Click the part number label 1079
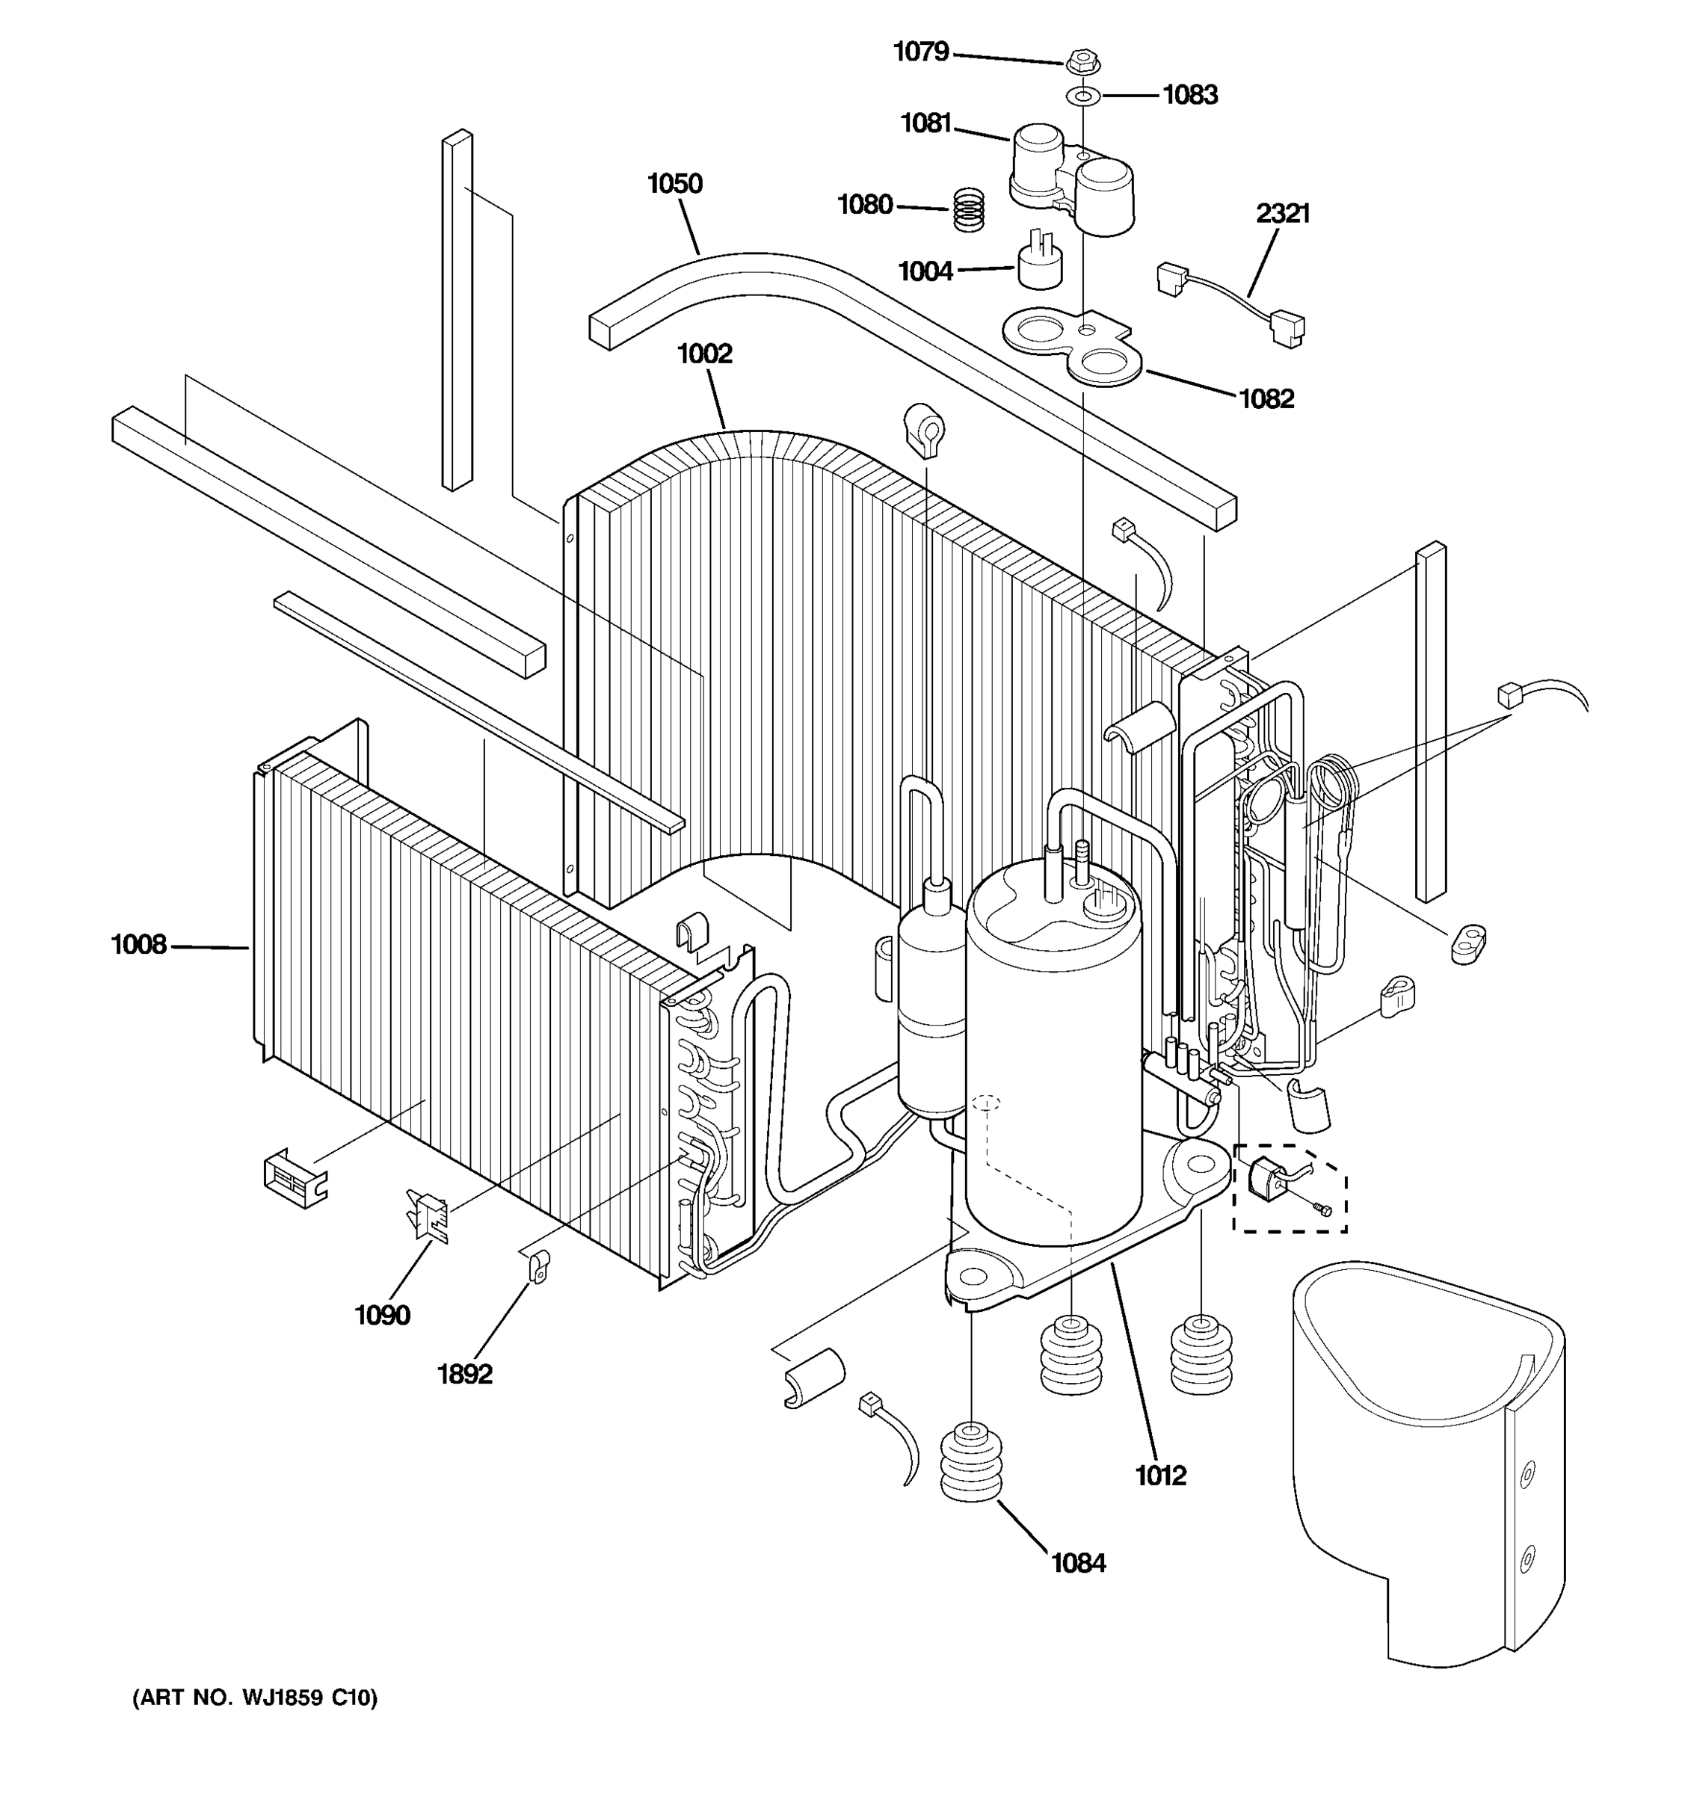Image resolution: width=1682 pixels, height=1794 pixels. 920,52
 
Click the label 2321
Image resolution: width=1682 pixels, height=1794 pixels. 1282,214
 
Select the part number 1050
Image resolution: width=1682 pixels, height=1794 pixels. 674,184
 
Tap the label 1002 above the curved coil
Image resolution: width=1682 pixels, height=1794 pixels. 704,354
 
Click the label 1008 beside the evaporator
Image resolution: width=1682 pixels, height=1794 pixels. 138,945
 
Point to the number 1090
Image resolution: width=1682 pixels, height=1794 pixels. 382,1315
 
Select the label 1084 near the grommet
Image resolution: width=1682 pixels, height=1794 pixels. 1077,1562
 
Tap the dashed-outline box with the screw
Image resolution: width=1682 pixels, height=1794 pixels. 1290,1189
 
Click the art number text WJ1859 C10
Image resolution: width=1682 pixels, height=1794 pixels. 256,1698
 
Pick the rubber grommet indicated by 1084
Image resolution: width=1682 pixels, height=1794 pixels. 971,1461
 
